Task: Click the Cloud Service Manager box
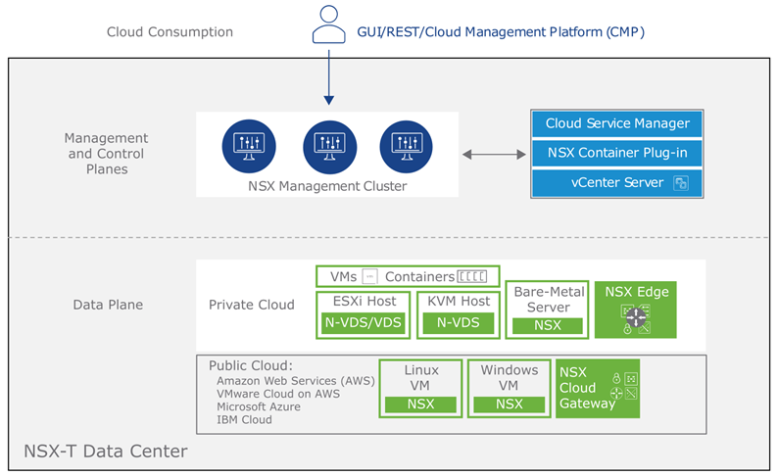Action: coord(617,124)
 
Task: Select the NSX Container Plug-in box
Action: coord(617,153)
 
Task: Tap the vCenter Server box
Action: coord(617,182)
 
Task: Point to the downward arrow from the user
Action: coord(328,78)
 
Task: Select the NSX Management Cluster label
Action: coord(327,186)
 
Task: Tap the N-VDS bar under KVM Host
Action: coord(458,322)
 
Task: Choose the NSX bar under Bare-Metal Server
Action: coord(548,325)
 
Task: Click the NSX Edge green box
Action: coord(636,309)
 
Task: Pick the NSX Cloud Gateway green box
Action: coord(598,388)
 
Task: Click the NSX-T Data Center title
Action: coord(105,452)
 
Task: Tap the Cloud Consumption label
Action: coord(170,32)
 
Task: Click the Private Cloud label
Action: coord(251,305)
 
